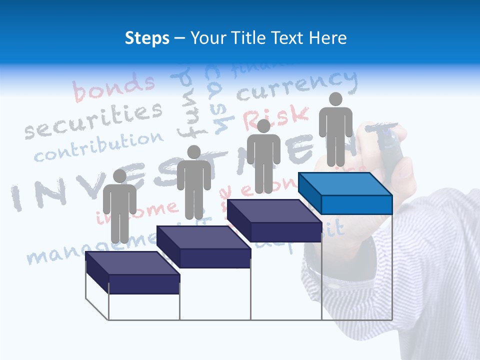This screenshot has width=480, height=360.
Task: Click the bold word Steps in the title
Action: tap(147, 38)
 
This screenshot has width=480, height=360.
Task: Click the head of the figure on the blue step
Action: tap(335, 99)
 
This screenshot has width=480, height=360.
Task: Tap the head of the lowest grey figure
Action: tap(119, 176)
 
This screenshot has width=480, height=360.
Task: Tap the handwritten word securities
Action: tap(94, 120)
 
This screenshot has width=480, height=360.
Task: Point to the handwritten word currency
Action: tap(297, 85)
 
